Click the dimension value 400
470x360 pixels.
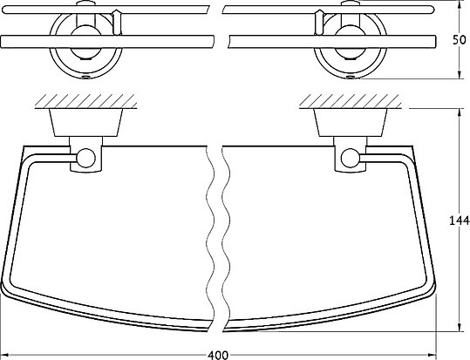[218, 355]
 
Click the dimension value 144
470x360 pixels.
[459, 221]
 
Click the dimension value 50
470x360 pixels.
[460, 40]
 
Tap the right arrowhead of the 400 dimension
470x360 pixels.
[432, 354]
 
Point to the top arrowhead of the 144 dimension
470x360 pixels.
[459, 112]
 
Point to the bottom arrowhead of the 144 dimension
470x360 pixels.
[459, 327]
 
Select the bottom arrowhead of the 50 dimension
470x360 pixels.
[459, 74]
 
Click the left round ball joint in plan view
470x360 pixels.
[86, 158]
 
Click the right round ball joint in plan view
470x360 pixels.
[351, 158]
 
